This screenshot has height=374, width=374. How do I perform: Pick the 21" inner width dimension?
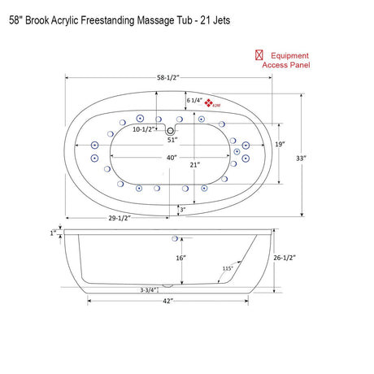coord(196,165)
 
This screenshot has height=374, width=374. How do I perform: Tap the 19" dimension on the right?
coord(280,144)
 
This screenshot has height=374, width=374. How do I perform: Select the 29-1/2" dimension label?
coord(120,218)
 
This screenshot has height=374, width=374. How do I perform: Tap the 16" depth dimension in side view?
coord(181,258)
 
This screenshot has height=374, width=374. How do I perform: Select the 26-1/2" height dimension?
coord(285,257)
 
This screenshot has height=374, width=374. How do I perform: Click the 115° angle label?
coord(228,268)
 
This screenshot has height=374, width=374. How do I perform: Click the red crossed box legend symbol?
coord(259,54)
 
